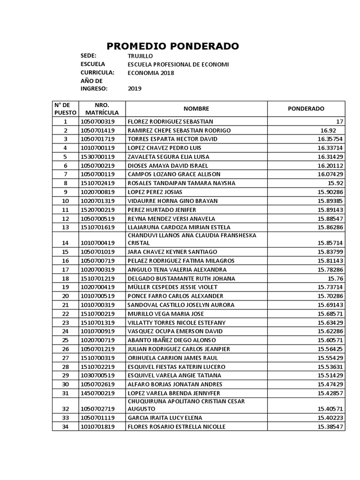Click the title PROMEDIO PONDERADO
[x=172, y=46]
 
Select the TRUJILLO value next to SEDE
[x=140, y=56]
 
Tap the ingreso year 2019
[x=135, y=89]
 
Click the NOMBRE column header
[x=196, y=108]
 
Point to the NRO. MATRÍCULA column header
[x=102, y=108]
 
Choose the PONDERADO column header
[x=306, y=108]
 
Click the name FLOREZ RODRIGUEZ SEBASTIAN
[x=170, y=121]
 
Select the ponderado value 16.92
[x=329, y=130]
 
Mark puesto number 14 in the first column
[x=65, y=243]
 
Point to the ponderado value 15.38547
[x=330, y=427]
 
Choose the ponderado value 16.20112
[x=330, y=165]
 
